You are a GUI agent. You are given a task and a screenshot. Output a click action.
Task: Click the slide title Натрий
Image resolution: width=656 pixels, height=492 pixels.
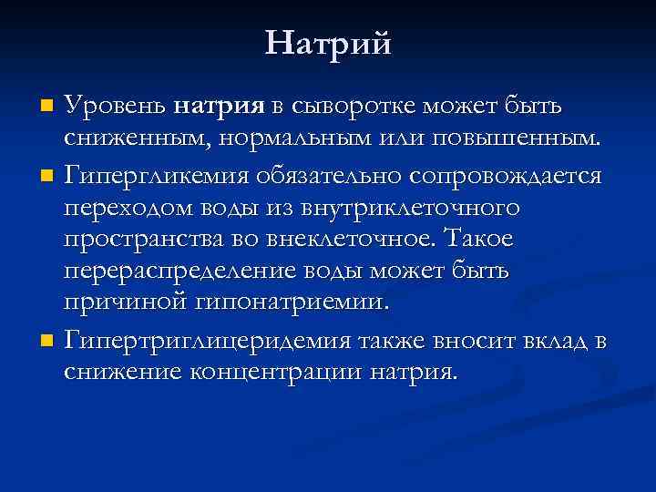coord(328,43)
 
